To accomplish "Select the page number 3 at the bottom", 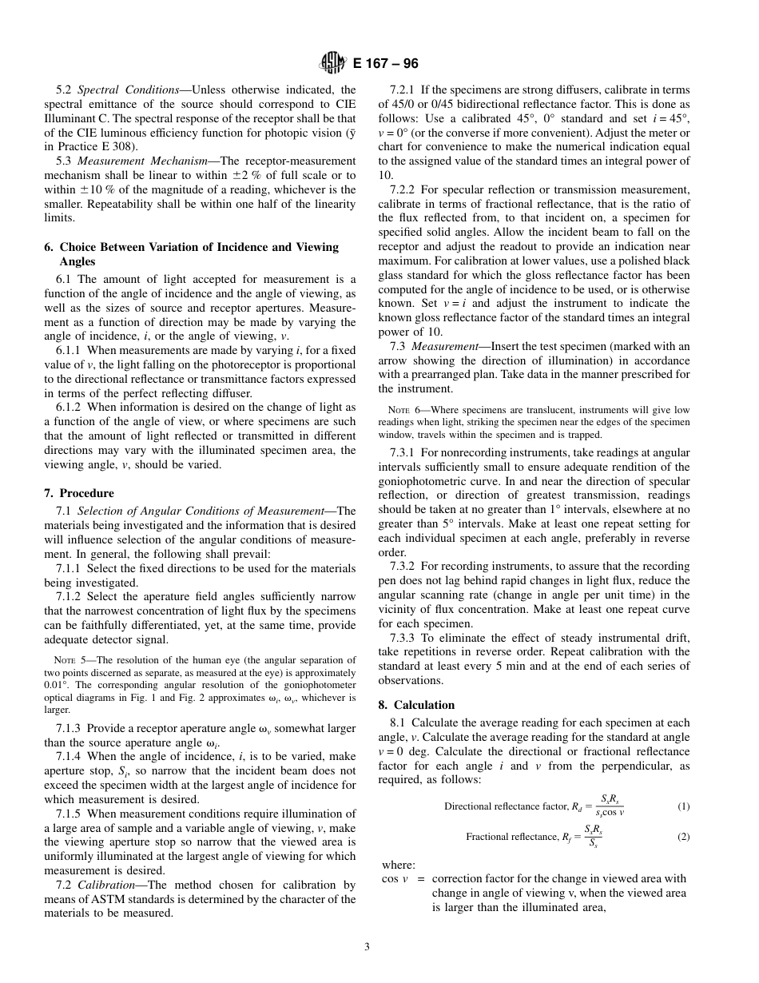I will [367, 947].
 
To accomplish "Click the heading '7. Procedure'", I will [79, 493].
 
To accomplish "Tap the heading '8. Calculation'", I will [416, 705].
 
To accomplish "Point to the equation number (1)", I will [683, 806].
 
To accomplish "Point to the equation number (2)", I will [683, 837].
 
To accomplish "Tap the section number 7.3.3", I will [405, 638].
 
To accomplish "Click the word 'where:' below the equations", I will [399, 865].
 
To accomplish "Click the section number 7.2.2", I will [405, 189].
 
